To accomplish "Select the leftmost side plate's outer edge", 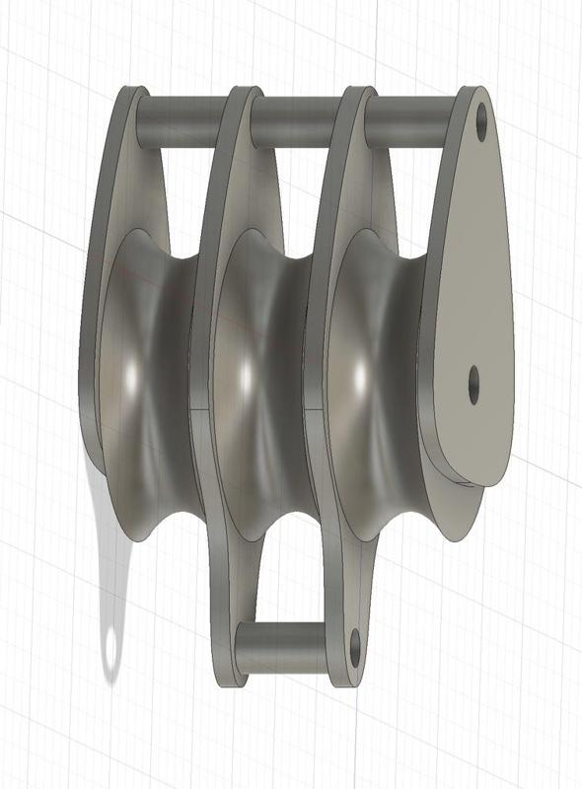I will click(x=93, y=296).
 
